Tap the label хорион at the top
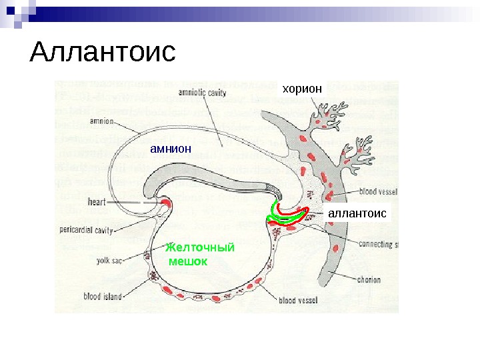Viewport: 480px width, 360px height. [x=302, y=88]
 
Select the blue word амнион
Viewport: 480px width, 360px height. [x=171, y=149]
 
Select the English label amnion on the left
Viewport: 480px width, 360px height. [x=101, y=122]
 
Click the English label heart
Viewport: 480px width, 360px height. [x=97, y=201]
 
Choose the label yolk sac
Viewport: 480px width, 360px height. [x=107, y=261]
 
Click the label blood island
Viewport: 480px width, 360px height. [x=103, y=296]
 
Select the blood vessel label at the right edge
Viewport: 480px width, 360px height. [x=378, y=191]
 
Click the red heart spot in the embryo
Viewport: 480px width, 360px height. [x=165, y=203]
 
